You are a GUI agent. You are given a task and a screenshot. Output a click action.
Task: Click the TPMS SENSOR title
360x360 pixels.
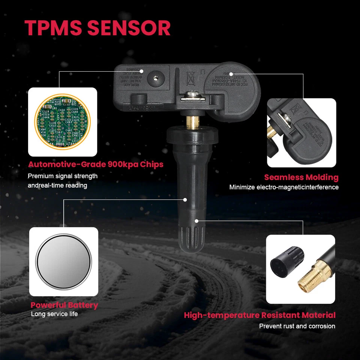click(97, 28)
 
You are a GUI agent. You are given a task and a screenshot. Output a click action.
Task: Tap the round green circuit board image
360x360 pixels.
click(63, 122)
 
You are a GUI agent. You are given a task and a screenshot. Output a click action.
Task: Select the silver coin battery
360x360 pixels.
click(64, 261)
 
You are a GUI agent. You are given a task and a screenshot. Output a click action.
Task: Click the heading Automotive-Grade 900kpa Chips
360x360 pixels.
click(96, 164)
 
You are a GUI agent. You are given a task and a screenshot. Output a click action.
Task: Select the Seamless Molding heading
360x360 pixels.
click(301, 177)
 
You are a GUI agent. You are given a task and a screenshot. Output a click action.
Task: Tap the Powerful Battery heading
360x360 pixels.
click(64, 305)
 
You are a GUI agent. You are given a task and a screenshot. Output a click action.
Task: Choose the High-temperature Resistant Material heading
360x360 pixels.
click(259, 315)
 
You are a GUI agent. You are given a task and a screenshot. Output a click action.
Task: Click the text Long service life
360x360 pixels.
click(54, 314)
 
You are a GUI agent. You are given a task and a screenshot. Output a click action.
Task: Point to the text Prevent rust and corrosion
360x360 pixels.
click(297, 326)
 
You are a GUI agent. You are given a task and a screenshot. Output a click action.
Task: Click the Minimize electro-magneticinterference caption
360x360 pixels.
click(284, 187)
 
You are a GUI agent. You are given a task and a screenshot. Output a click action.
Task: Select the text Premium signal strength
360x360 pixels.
click(63, 176)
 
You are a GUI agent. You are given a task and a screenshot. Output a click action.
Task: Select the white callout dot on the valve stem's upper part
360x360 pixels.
click(185, 200)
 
